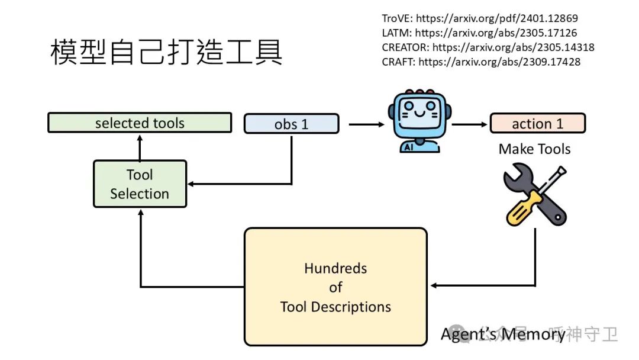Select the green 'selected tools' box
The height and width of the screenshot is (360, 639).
pos(140,123)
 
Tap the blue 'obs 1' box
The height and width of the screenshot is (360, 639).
pos(291,124)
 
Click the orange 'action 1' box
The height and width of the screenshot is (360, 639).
pos(537,123)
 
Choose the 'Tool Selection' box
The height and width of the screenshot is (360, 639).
pos(140,184)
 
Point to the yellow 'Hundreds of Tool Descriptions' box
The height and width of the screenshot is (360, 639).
pos(335,287)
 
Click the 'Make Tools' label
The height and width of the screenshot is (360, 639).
pos(534,149)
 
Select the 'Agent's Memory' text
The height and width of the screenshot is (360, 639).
pos(503,335)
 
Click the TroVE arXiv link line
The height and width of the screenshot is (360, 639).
pos(480,18)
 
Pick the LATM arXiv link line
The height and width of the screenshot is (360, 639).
pos(479,33)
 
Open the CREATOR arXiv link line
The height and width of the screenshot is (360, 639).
pos(488,47)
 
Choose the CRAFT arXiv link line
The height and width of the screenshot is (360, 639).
pos(481,62)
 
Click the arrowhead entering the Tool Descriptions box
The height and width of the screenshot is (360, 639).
pos(433,286)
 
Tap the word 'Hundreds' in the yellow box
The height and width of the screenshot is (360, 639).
pos(335,268)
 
